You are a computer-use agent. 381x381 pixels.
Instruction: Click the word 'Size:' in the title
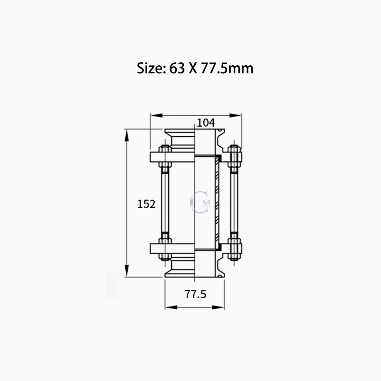[151, 68]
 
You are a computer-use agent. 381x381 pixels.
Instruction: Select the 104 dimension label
[205, 122]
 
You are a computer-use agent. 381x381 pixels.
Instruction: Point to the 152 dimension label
[146, 204]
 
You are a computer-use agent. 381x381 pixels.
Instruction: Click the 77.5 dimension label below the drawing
[195, 294]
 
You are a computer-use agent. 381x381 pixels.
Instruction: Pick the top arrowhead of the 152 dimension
[127, 134]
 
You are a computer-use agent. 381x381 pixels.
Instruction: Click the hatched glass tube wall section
[217, 202]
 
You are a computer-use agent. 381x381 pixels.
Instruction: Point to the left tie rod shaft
[165, 202]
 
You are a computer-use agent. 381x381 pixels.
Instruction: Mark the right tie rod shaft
[233, 202]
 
